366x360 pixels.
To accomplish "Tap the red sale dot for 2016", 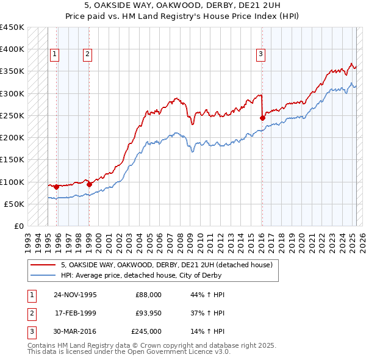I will (262, 118).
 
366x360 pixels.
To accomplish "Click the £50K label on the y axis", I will (14, 204).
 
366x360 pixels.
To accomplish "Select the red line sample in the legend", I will (42, 265).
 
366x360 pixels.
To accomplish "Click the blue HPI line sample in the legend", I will (42, 275).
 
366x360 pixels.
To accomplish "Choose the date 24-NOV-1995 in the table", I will (75, 295).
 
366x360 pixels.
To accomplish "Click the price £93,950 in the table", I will (148, 313).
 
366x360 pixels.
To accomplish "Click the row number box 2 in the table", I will (30, 313).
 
